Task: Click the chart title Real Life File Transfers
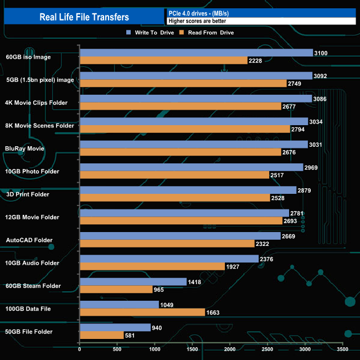[84, 17]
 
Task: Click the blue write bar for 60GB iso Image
[197, 53]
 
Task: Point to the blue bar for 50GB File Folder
[115, 327]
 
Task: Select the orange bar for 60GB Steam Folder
[116, 290]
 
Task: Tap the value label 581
[132, 335]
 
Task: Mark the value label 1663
[213, 312]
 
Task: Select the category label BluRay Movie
[24, 148]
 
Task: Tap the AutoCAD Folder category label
[29, 240]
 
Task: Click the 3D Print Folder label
[27, 194]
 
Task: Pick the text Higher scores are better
[197, 21]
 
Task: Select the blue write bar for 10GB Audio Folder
[169, 259]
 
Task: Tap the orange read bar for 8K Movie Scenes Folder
[185, 129]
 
